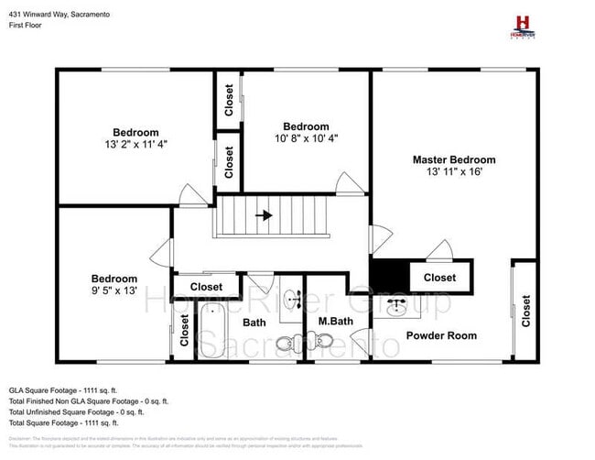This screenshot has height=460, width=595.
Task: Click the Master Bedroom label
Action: (x=453, y=159)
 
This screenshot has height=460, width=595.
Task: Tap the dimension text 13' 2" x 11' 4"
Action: (x=135, y=144)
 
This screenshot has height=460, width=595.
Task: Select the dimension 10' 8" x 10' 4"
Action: (x=306, y=138)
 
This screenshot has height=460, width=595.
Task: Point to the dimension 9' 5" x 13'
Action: (x=114, y=290)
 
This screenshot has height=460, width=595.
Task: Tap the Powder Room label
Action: (x=441, y=335)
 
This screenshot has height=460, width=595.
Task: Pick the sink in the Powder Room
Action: (x=398, y=306)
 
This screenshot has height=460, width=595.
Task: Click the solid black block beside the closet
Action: (x=389, y=274)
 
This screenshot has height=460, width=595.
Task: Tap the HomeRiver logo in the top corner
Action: (x=524, y=25)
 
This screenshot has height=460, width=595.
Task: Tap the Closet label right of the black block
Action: (x=439, y=278)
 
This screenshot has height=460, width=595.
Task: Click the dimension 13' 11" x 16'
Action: (x=453, y=171)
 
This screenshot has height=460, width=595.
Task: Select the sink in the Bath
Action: (x=292, y=299)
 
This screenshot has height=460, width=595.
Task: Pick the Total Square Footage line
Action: (x=64, y=423)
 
